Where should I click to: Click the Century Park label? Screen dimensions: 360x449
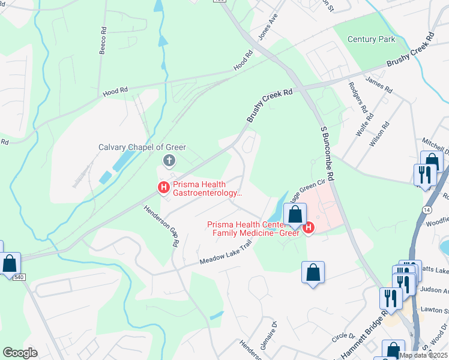click(x=372, y=39)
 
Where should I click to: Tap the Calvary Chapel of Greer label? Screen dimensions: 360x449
click(x=142, y=147)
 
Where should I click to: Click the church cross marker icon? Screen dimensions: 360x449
click(x=169, y=160)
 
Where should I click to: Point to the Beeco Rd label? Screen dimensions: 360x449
click(x=103, y=40)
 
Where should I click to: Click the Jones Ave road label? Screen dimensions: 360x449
click(x=268, y=28)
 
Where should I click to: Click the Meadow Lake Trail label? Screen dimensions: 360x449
click(x=224, y=253)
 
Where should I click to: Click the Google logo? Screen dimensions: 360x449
click(x=20, y=353)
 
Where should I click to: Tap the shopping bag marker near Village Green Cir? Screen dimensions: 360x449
click(x=295, y=214)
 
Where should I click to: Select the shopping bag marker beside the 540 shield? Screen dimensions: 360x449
click(x=10, y=263)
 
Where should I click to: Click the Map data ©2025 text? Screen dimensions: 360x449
click(x=424, y=355)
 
